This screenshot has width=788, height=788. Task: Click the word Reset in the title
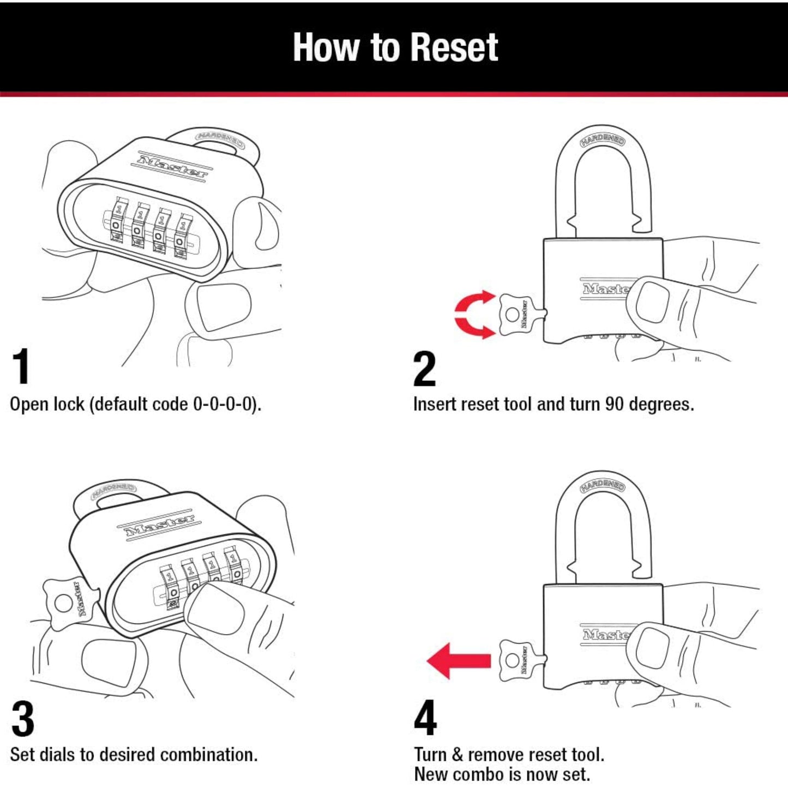click(454, 47)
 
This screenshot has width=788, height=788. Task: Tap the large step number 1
click(21, 367)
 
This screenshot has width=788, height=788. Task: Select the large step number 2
click(424, 369)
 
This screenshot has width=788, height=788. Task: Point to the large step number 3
click(23, 719)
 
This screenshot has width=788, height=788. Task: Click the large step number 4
click(425, 718)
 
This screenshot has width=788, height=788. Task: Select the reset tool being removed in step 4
click(517, 660)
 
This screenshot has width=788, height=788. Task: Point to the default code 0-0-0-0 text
click(224, 404)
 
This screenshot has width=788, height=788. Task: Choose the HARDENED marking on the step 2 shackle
click(603, 140)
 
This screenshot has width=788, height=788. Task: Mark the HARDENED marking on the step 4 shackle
click(603, 485)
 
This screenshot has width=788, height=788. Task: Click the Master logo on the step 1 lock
click(172, 166)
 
